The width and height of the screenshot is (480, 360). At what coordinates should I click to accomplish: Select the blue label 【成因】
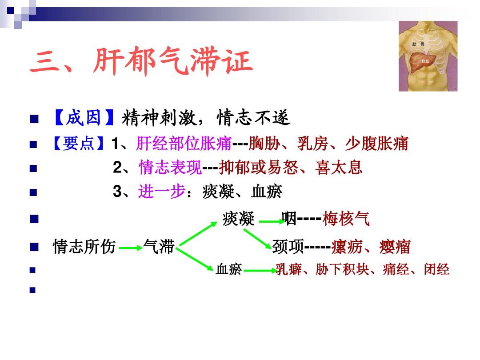(x=83, y=118)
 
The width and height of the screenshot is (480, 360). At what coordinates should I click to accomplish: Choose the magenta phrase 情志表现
(x=170, y=168)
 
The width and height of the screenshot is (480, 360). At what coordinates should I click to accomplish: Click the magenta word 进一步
(x=161, y=192)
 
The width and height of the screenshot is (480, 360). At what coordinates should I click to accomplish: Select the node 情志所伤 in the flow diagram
(x=84, y=246)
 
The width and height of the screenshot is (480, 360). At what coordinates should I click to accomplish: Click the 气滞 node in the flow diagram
(x=159, y=246)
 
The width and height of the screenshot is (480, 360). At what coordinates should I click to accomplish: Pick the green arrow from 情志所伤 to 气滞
(x=130, y=248)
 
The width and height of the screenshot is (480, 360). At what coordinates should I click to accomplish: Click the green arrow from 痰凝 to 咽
(x=269, y=221)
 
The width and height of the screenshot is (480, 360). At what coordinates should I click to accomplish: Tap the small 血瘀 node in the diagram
(x=228, y=269)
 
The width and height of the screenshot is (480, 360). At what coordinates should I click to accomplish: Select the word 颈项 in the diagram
(x=288, y=246)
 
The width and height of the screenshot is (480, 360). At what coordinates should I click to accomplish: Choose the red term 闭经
(x=436, y=269)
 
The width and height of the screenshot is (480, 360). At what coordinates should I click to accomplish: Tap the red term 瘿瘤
(x=395, y=246)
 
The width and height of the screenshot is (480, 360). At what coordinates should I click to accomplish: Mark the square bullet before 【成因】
(x=35, y=120)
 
